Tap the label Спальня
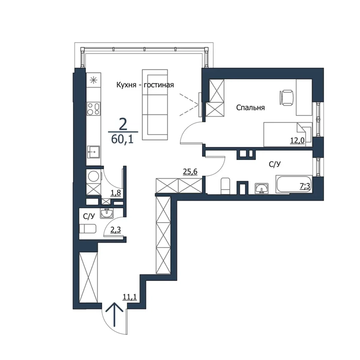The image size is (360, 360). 250,107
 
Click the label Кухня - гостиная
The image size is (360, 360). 145,85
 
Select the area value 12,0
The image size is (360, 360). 297,140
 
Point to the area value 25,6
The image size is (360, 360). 190,171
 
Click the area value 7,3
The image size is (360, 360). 305,186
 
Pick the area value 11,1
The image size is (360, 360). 130,297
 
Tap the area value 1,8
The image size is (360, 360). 116,193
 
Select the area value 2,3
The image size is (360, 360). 116,230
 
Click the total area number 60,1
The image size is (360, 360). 122,139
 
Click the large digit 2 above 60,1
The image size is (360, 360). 123,124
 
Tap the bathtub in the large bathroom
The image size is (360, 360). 294,184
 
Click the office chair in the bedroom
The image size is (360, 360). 286,98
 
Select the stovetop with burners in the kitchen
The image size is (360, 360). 94,109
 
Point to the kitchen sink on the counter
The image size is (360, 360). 93,152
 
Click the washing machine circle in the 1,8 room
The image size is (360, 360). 94,176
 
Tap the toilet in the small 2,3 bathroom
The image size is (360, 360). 88,229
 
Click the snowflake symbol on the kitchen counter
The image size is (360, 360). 94,80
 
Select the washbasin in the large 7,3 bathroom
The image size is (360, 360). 261,189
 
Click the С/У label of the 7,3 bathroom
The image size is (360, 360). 275,165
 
